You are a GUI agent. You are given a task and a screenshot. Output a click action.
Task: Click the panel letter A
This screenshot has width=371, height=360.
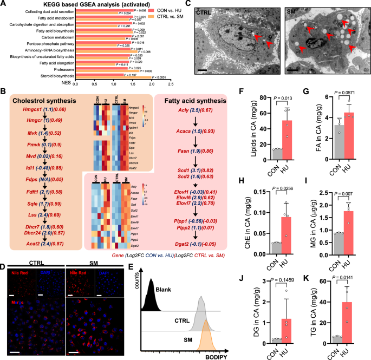[4, 4]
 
